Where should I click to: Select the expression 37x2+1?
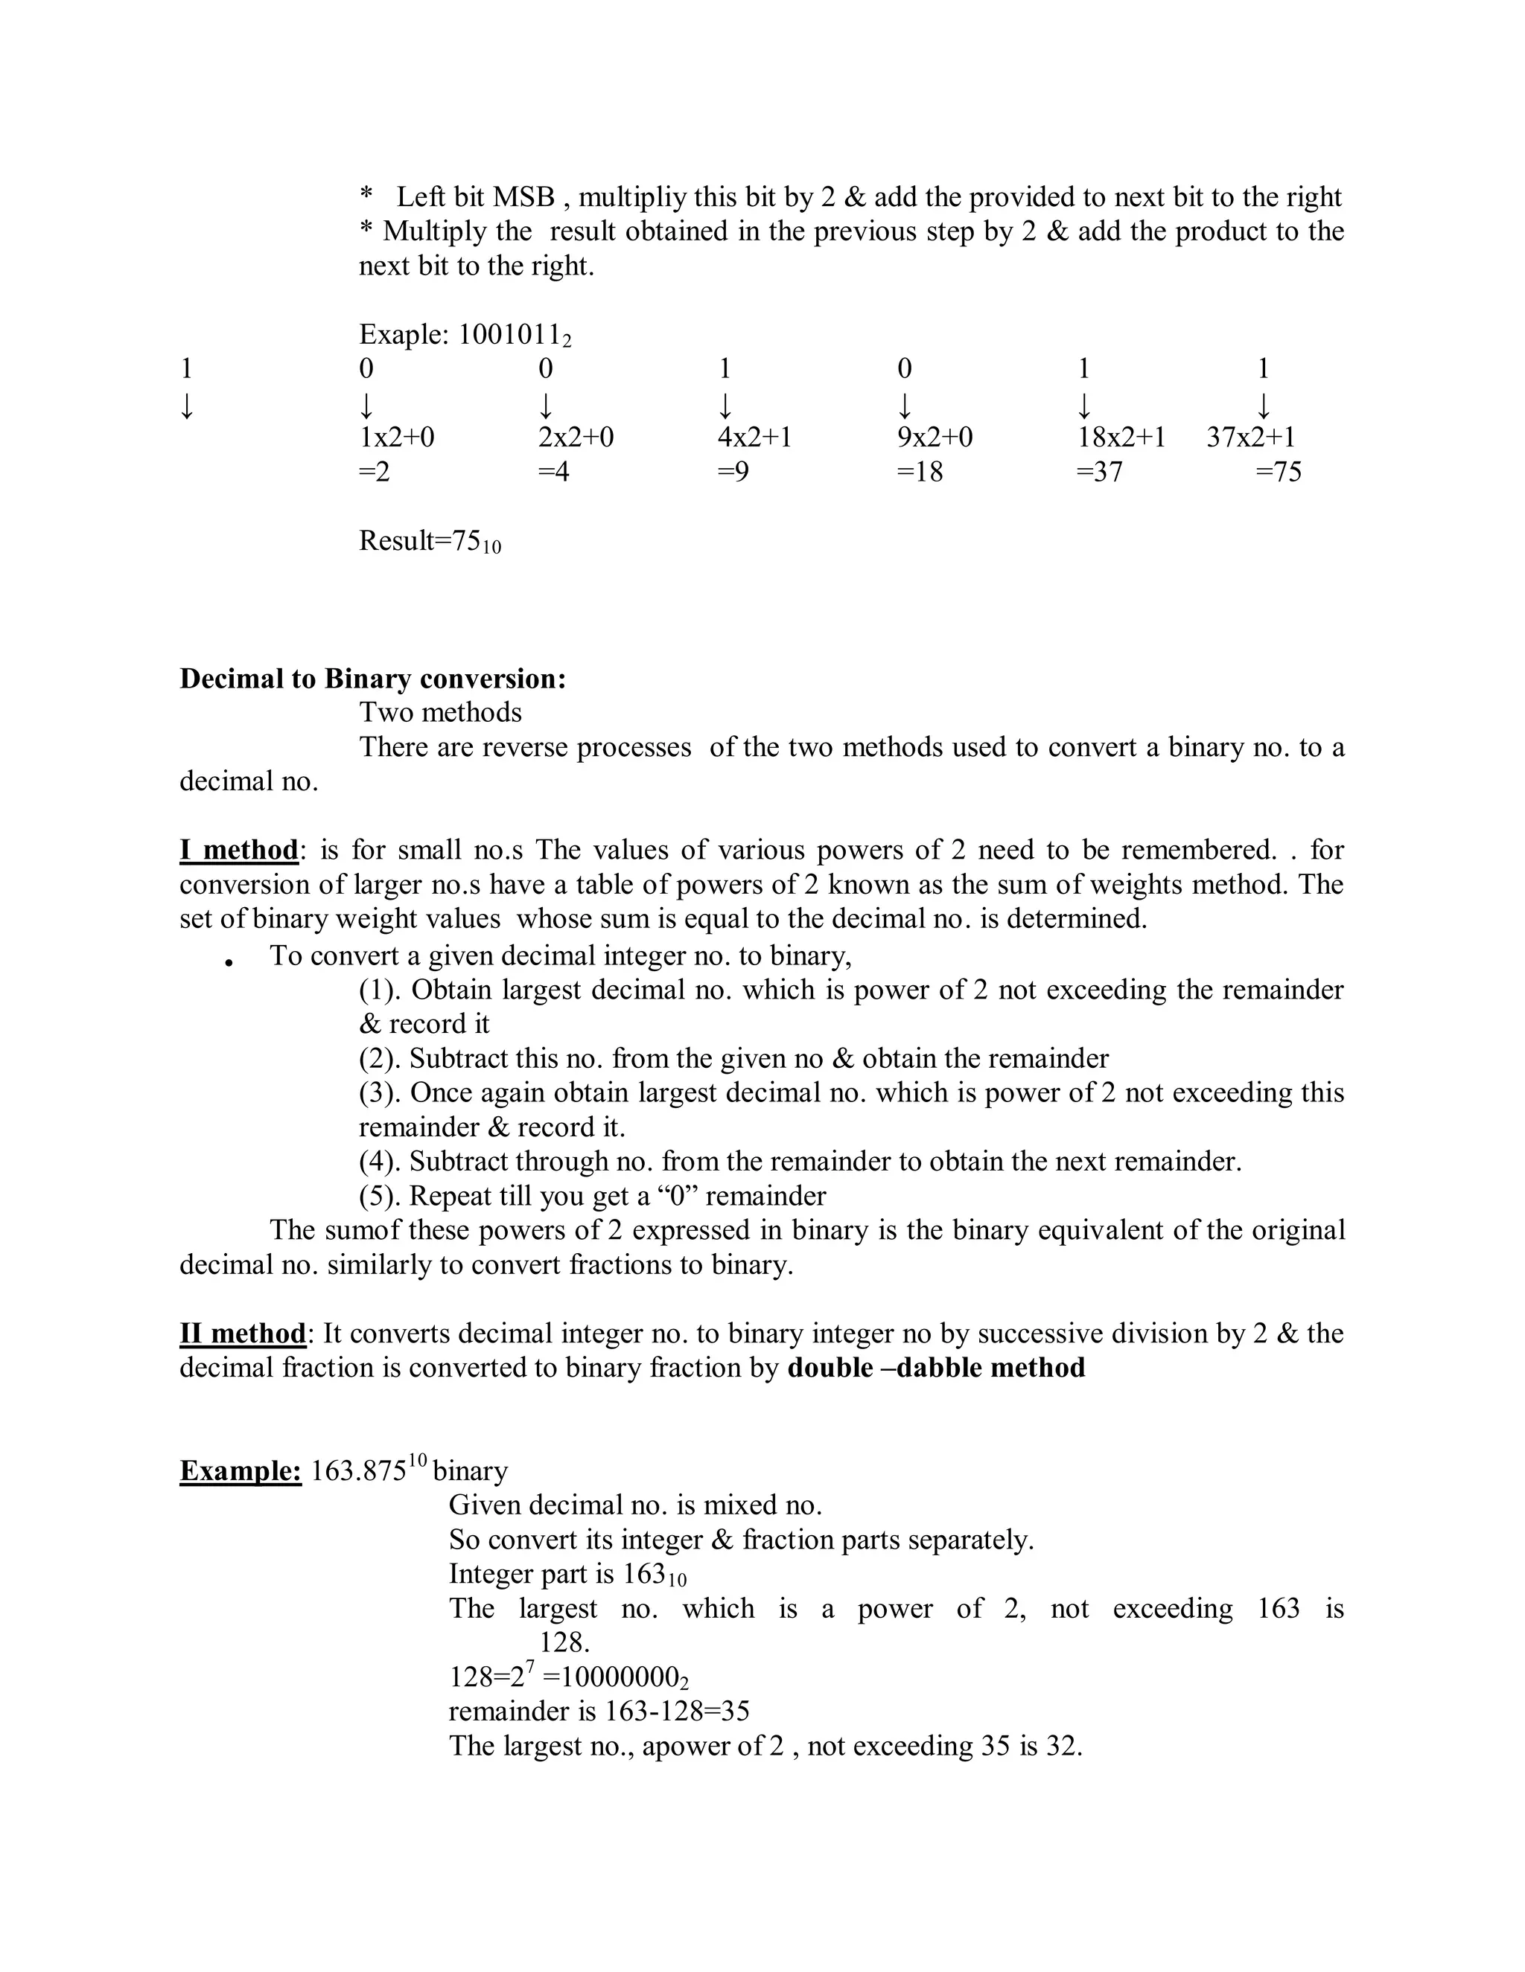pos(1251,438)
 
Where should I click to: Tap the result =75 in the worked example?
pos(1279,473)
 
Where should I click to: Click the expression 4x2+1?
pos(754,438)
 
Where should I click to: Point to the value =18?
pos(920,473)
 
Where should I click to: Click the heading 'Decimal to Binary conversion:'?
pos(373,679)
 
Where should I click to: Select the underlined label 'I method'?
pos(238,851)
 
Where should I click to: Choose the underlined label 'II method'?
pos(243,1334)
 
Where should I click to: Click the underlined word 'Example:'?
pos(241,1471)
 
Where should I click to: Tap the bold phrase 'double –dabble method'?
pos(936,1368)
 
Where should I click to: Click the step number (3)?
pos(380,1093)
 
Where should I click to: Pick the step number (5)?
pos(380,1197)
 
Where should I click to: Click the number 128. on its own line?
pos(564,1642)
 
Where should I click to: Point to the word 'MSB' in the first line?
pos(524,197)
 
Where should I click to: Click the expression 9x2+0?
pos(935,438)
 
